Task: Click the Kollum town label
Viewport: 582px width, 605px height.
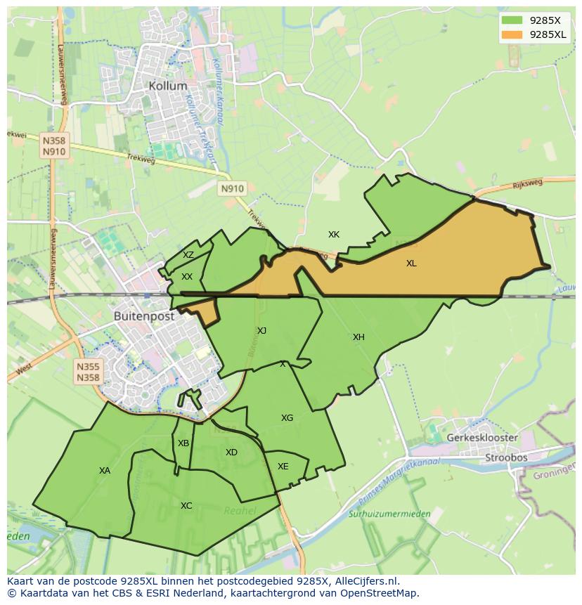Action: pos(168,86)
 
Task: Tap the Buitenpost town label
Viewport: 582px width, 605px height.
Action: pos(144,316)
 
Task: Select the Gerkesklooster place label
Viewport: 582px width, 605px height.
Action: pos(482,438)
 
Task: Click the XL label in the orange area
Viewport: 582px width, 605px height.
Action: pos(411,264)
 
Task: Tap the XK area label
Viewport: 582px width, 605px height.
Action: pos(334,234)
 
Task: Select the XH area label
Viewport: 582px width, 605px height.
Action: pos(358,337)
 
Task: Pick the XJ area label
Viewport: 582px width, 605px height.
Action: pos(261,330)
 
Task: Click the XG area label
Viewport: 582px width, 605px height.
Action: pos(287,418)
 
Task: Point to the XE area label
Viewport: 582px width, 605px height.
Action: pos(283,467)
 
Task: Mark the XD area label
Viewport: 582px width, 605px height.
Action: pos(231,453)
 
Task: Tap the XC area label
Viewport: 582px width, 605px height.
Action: pos(186,506)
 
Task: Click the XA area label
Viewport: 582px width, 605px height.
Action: pos(105,471)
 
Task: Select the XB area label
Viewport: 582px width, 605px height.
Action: pos(183,443)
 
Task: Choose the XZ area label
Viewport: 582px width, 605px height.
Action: pos(188,255)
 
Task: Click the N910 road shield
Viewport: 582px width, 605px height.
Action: pos(232,188)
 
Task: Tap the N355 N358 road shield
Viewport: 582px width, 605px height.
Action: pos(89,372)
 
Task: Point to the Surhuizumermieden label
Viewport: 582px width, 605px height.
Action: pos(389,514)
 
